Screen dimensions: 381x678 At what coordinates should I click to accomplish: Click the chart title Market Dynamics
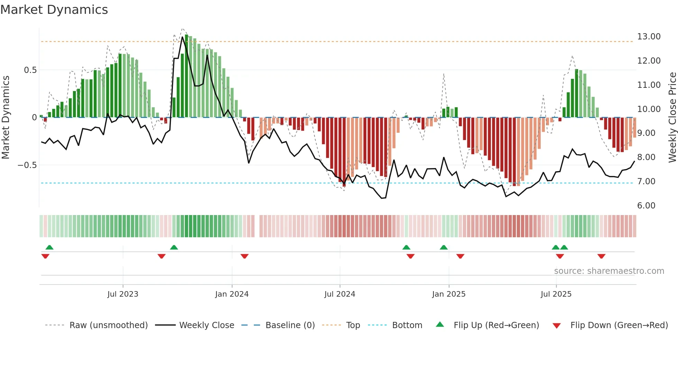54,10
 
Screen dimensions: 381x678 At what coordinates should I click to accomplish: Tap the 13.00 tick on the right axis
649,37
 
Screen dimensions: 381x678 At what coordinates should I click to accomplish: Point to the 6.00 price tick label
646,206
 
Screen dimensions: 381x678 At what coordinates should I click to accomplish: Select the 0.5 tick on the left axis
30,70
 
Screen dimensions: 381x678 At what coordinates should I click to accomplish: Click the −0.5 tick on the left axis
27,165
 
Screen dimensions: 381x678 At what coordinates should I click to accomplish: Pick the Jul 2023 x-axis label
123,294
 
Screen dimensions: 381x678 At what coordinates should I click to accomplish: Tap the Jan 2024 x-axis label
232,294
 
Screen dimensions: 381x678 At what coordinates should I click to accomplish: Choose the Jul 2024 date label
340,294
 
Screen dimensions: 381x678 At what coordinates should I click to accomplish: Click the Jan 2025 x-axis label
449,294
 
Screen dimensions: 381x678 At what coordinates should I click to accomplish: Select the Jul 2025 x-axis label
556,294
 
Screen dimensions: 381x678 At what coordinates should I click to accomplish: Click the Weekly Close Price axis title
672,118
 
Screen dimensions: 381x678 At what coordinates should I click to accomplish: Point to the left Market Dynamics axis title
6,118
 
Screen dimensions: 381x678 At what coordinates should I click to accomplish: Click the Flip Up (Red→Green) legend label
496,325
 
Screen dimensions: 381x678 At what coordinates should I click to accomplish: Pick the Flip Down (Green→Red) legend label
619,325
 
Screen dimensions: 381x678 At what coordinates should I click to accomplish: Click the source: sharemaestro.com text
609,271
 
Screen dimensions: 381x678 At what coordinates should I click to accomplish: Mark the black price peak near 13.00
183,37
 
